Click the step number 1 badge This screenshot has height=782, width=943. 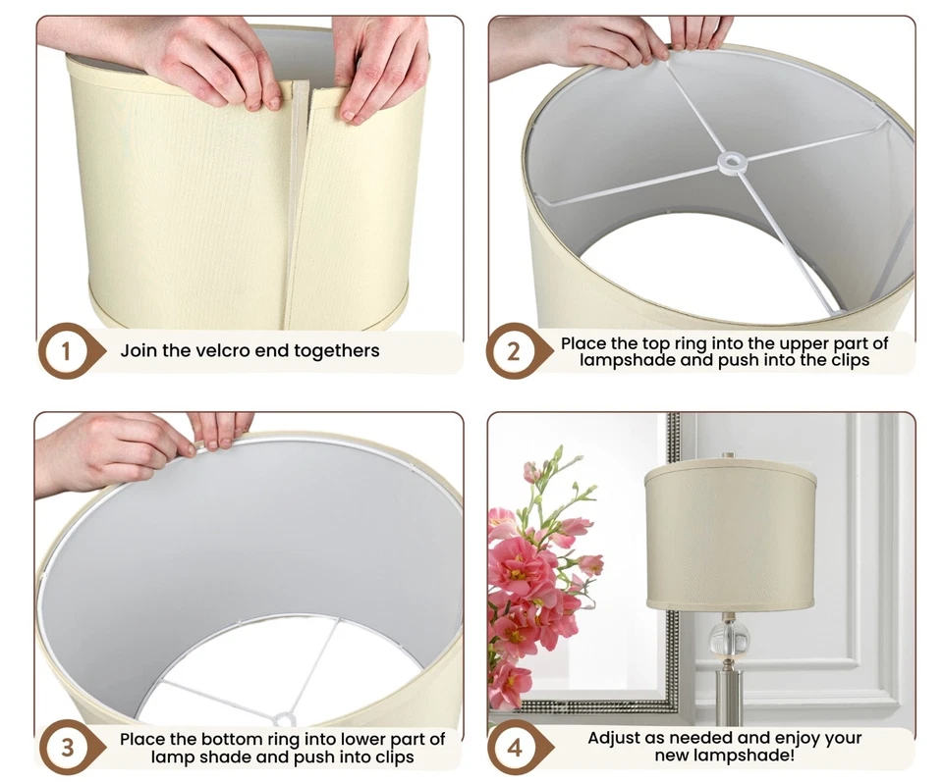66,350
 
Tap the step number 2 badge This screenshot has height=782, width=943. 514,350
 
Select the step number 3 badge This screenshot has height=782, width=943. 66,747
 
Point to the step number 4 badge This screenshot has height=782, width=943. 514,747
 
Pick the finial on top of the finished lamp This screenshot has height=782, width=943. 728,456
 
